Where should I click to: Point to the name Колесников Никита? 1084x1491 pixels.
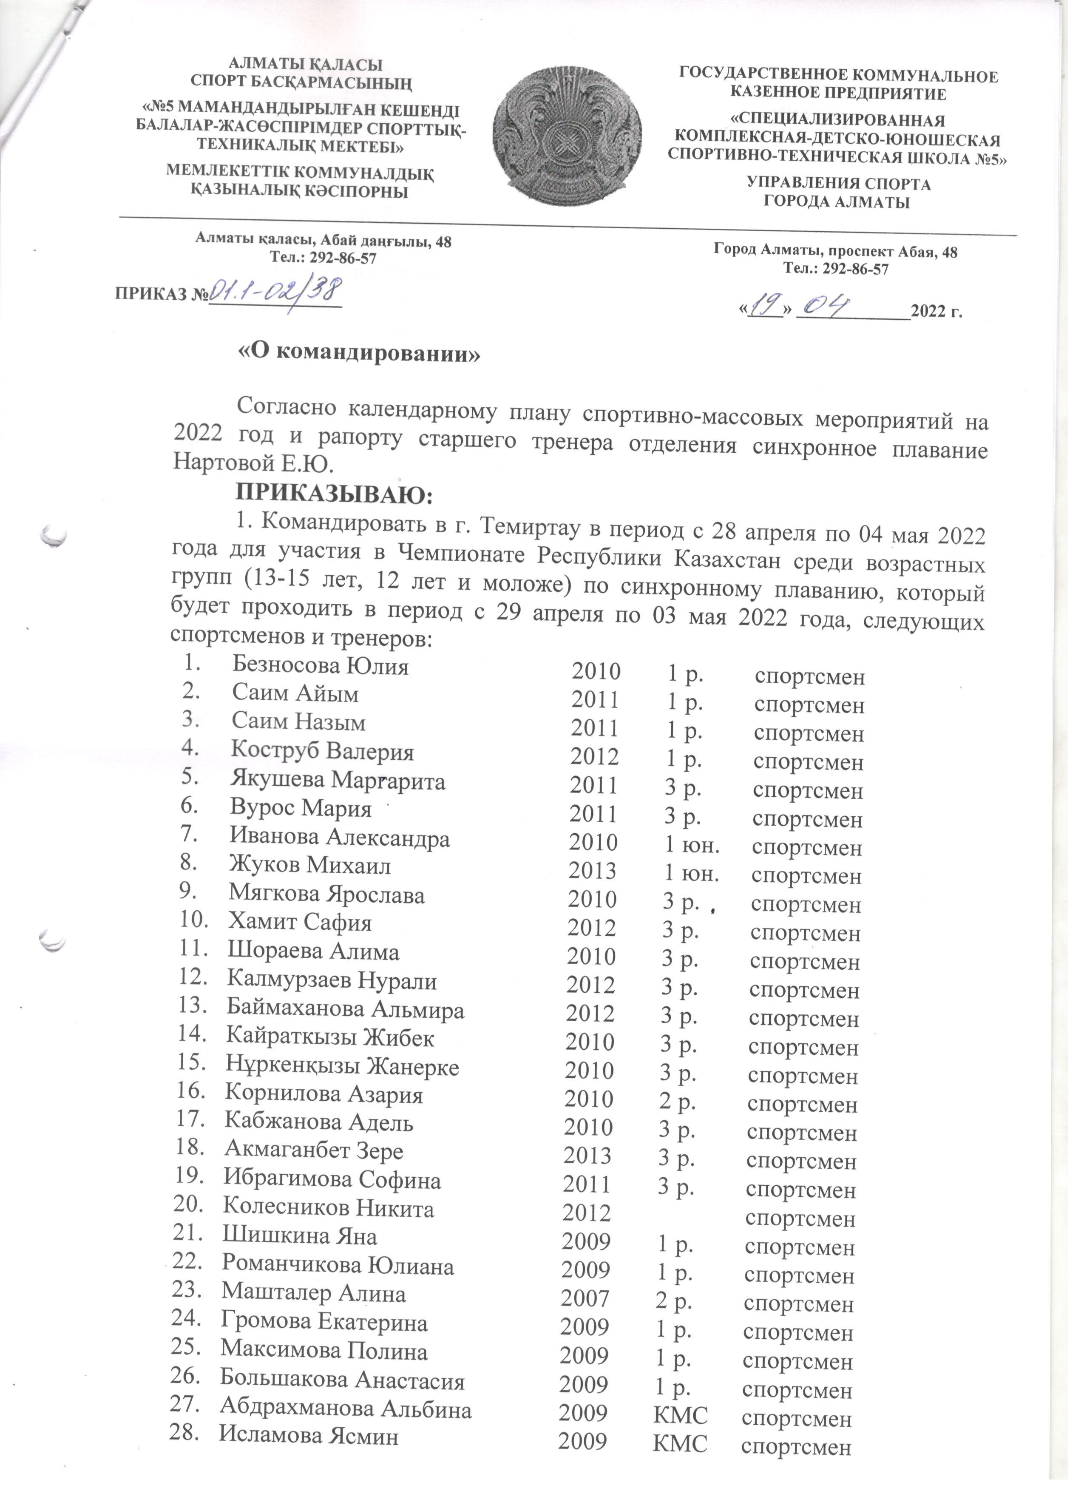329,1208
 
